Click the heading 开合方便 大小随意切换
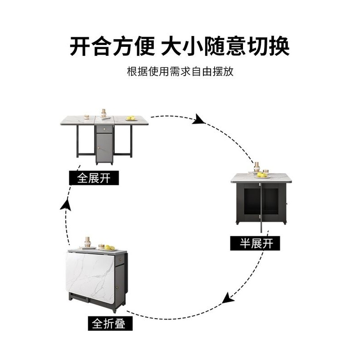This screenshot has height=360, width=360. (180, 47)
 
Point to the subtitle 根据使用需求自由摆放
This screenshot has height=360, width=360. (180, 72)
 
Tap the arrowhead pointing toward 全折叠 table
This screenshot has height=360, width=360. (229, 297)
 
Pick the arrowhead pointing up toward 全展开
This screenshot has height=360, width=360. (66, 208)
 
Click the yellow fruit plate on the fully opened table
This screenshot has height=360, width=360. (131, 118)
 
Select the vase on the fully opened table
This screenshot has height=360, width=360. (103, 113)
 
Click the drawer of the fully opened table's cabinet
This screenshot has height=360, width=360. (104, 129)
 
